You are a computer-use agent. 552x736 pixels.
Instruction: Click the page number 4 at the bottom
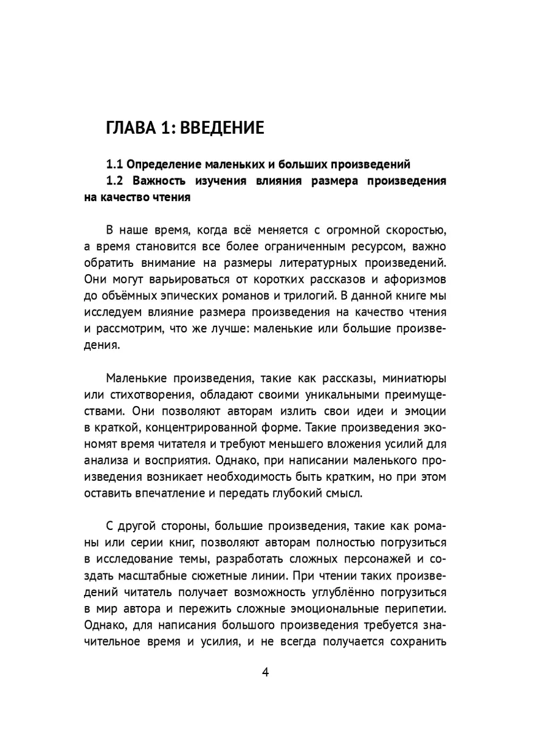(266, 672)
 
